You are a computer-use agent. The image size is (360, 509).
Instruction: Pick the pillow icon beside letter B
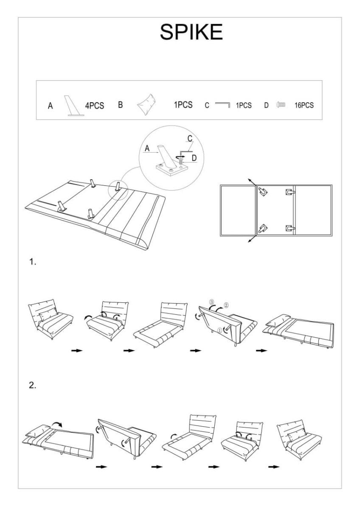[x=145, y=104]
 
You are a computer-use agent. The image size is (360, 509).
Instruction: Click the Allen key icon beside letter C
[x=222, y=104]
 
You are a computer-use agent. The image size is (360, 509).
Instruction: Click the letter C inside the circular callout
[x=190, y=138]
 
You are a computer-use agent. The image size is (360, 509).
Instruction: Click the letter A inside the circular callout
[x=147, y=148]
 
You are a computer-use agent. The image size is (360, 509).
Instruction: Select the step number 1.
[x=32, y=262]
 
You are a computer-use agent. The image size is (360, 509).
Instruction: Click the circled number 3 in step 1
[x=211, y=302]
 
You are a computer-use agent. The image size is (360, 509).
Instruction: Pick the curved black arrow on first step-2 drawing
[x=56, y=424]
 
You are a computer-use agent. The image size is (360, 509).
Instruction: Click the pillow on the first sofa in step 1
[x=48, y=314]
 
